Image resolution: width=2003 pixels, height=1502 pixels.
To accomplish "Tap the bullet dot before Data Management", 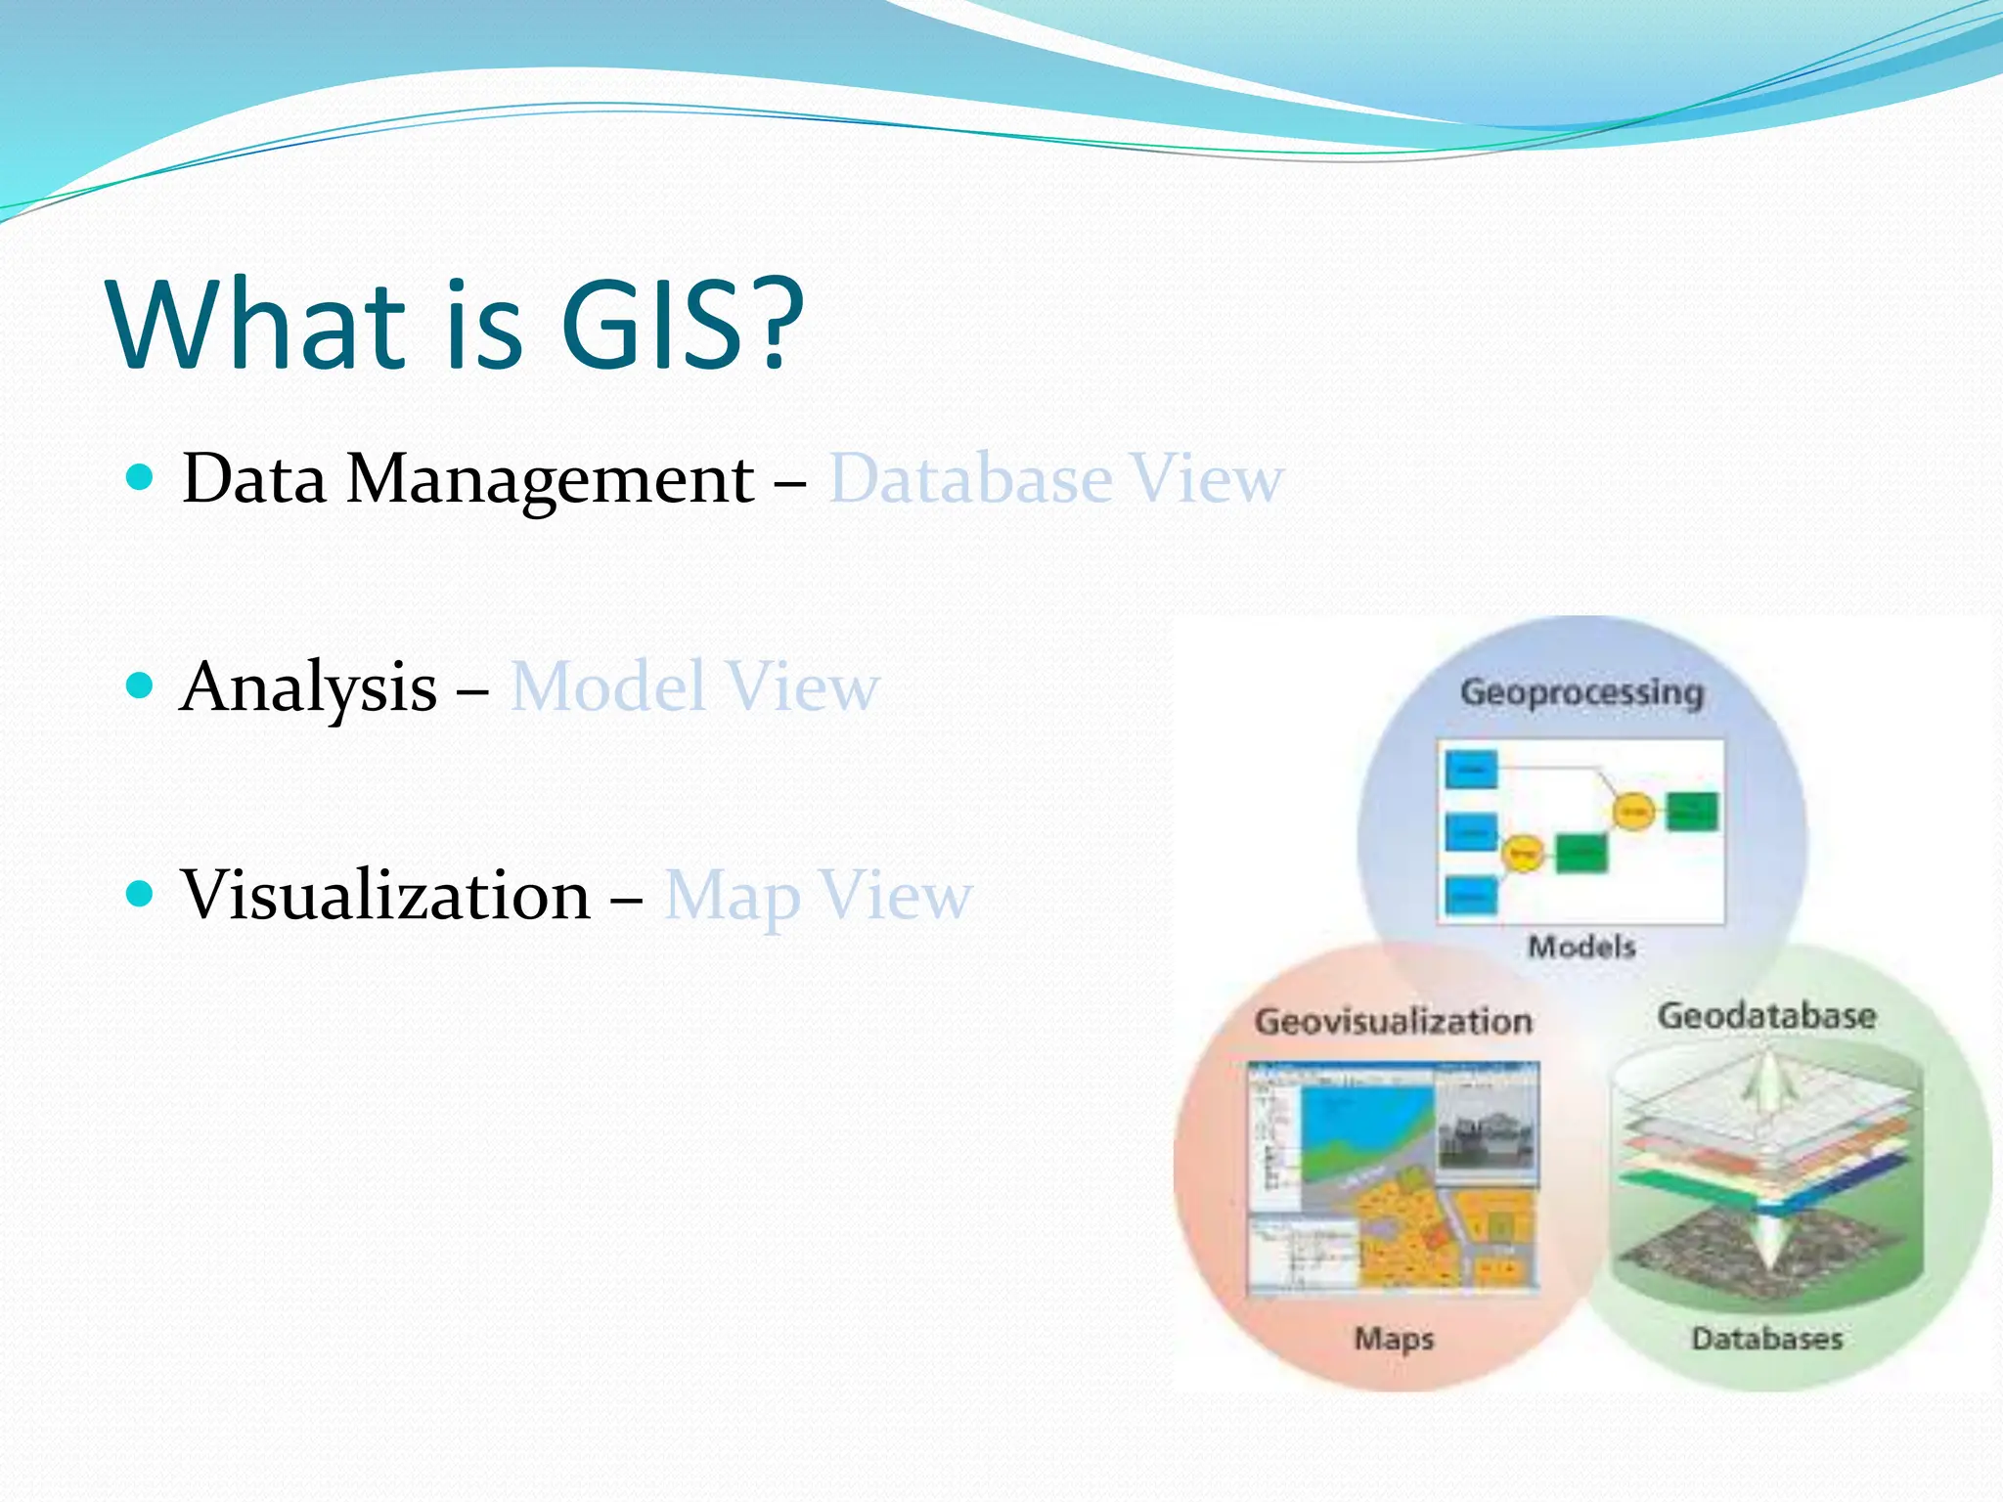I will point(141,477).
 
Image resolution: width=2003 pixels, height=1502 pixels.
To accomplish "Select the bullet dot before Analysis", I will point(141,685).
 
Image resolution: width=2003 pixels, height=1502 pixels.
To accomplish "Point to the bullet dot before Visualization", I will point(141,893).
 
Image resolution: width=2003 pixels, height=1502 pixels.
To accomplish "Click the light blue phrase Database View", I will point(1055,479).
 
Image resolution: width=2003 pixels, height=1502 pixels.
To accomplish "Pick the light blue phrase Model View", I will point(694,686).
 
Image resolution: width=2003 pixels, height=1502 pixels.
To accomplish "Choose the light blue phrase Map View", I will point(818,896).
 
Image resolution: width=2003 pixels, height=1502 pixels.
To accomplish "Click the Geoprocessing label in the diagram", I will point(1581,692).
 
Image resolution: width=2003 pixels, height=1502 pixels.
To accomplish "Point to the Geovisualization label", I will point(1393,1021).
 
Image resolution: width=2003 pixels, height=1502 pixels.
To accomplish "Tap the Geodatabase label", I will point(1766,1015).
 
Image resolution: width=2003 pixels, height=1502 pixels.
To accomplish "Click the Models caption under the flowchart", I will point(1581,947).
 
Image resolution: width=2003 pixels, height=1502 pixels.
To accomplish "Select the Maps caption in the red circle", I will point(1394,1338).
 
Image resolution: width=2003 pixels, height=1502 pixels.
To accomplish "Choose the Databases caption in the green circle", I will point(1766,1338).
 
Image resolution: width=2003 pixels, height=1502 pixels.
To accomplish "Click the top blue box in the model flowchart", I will point(1471,770).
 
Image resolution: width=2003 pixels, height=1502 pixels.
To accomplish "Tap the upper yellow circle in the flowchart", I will point(1632,811).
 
